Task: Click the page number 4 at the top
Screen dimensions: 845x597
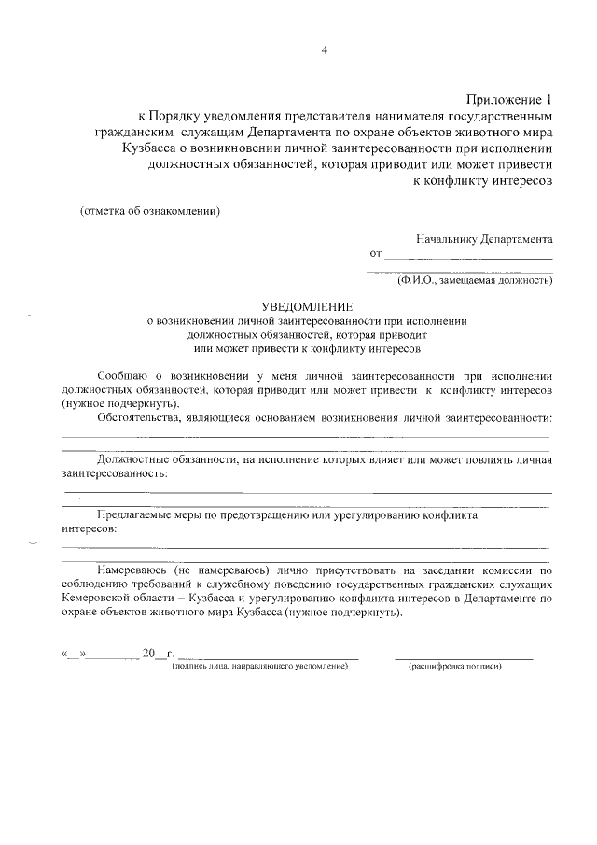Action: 325,50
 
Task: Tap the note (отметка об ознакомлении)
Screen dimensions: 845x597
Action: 150,210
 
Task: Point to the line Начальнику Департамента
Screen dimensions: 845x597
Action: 484,238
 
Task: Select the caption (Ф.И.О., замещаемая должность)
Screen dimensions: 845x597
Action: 475,279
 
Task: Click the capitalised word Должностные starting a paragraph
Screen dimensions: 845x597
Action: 135,460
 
